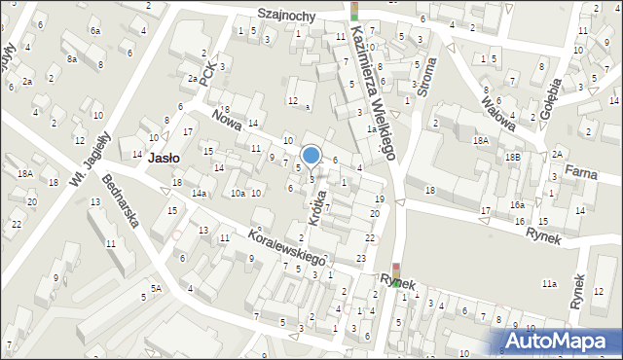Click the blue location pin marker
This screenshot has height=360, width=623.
(x=311, y=156)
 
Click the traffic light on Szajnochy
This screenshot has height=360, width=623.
(x=354, y=11)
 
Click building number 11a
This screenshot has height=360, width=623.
(x=550, y=283)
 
